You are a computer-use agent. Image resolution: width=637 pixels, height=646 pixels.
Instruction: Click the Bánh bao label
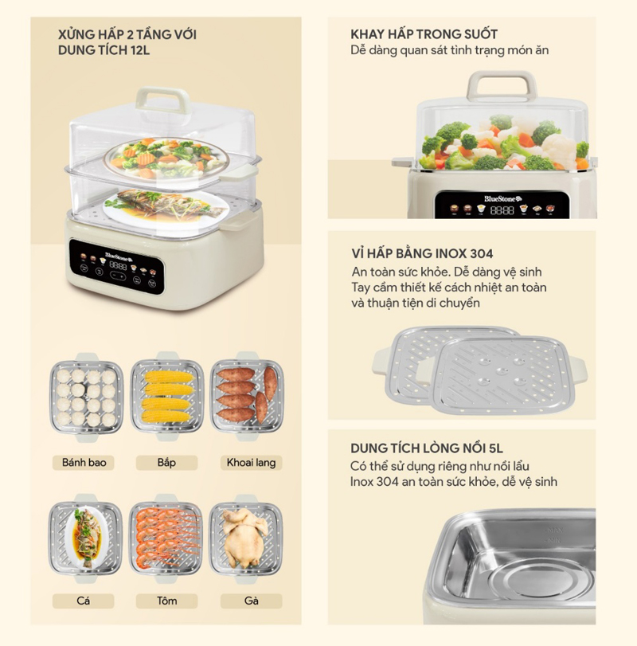click(x=84, y=462)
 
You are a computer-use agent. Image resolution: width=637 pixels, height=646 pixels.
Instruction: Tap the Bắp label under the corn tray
click(x=166, y=462)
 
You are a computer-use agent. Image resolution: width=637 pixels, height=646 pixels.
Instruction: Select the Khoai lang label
click(x=251, y=462)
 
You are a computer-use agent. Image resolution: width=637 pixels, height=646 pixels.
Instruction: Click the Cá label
click(x=83, y=601)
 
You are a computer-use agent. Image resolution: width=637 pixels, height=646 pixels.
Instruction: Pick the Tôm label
click(x=166, y=601)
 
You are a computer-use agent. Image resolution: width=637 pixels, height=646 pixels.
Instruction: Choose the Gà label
click(x=251, y=601)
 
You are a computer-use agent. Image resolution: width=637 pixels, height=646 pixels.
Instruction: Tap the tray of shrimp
click(x=166, y=538)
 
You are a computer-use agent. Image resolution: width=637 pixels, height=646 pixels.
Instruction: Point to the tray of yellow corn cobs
click(x=167, y=397)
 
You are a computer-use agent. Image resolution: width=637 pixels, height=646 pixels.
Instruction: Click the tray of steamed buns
click(x=86, y=397)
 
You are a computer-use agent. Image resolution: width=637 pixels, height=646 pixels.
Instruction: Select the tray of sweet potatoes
click(x=247, y=397)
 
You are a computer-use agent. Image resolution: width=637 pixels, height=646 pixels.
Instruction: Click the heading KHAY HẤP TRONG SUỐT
click(x=424, y=34)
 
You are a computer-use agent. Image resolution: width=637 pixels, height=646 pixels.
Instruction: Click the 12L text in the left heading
click(x=140, y=50)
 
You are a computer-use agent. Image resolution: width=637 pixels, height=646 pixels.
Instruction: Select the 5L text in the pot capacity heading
click(x=493, y=448)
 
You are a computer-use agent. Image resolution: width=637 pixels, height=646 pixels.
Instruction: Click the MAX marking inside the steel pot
click(x=554, y=531)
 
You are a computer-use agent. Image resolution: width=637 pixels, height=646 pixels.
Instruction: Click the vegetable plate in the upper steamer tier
click(x=166, y=159)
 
